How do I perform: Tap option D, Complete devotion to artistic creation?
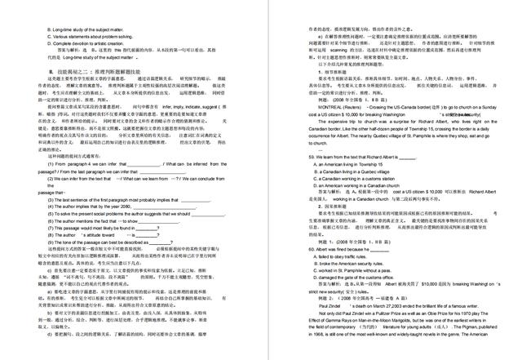click(x=90, y=44)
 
